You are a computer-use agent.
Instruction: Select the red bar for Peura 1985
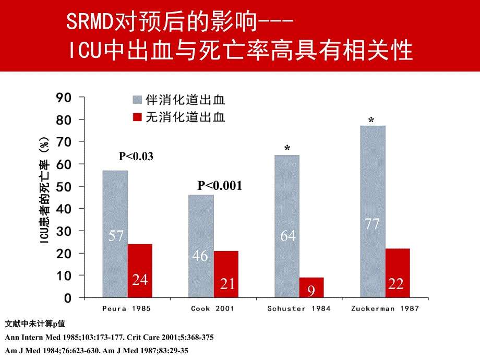tap(140, 271)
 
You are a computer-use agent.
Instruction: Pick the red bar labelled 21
tap(226, 274)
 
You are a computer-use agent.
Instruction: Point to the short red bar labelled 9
tap(311, 287)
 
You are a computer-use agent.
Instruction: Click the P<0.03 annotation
tap(136, 156)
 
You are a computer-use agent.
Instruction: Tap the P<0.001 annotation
tap(220, 186)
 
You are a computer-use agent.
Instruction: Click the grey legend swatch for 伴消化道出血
tap(138, 100)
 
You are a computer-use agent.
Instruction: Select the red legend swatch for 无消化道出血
tap(138, 117)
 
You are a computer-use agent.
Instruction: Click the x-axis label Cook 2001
tap(213, 308)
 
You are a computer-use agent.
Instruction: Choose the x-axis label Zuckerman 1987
tap(386, 308)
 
